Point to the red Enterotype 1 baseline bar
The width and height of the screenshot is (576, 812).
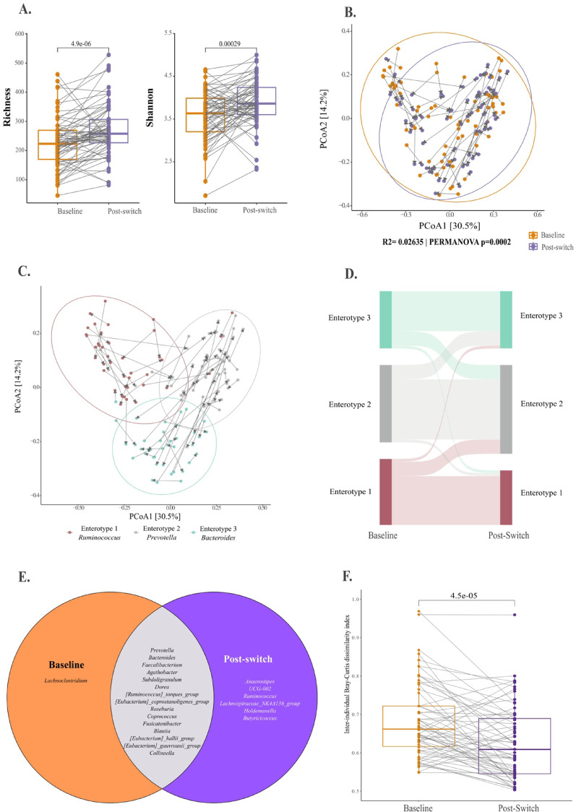[x=386, y=491]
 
